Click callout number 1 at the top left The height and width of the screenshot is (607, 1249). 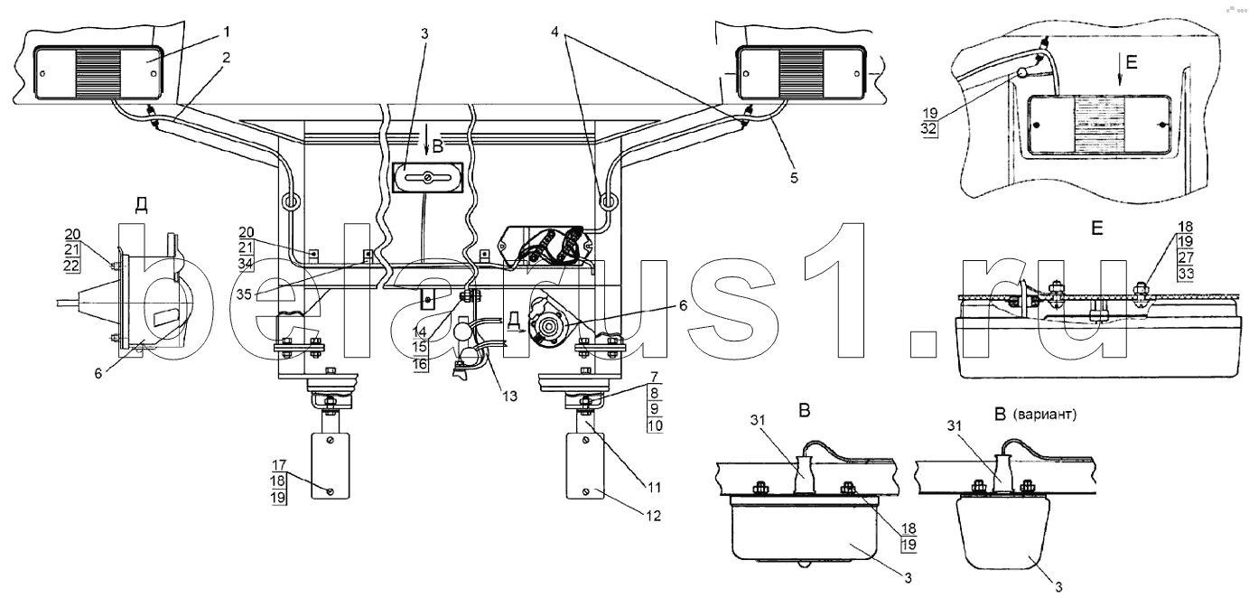pos(227,33)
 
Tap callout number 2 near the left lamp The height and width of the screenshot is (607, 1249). pos(225,57)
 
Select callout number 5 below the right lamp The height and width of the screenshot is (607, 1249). pos(794,177)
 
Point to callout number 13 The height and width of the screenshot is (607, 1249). pos(509,396)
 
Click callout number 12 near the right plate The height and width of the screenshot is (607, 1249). pos(654,516)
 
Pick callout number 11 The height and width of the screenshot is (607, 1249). pos(654,487)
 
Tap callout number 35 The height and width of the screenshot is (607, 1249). pos(244,294)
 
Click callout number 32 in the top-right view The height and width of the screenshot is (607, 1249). pos(929,129)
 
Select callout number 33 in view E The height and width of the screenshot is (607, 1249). pos(1186,274)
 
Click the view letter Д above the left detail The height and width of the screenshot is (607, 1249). pos(141,206)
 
